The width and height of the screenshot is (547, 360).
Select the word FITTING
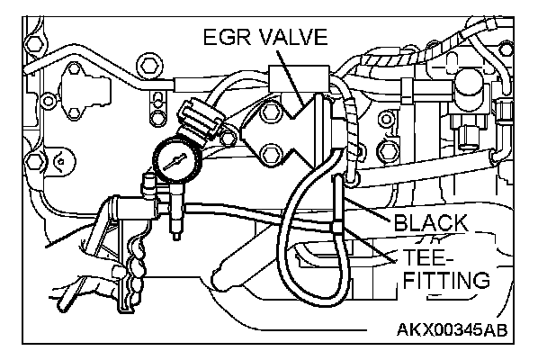pyautogui.click(x=445, y=281)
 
